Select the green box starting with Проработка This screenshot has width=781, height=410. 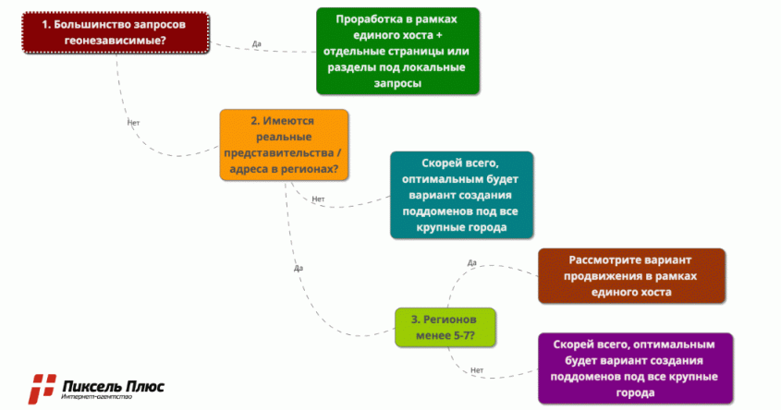[398, 52]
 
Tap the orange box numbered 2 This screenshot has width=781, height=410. [284, 146]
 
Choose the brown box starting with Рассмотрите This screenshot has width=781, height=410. [631, 275]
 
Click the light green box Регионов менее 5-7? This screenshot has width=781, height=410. [444, 326]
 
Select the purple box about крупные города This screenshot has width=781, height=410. [634, 368]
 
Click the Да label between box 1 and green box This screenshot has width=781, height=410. [256, 43]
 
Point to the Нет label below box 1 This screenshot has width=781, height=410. [133, 121]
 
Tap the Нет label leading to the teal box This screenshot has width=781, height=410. [319, 199]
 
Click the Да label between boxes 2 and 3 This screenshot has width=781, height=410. [298, 268]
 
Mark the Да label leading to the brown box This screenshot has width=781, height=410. [471, 263]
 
